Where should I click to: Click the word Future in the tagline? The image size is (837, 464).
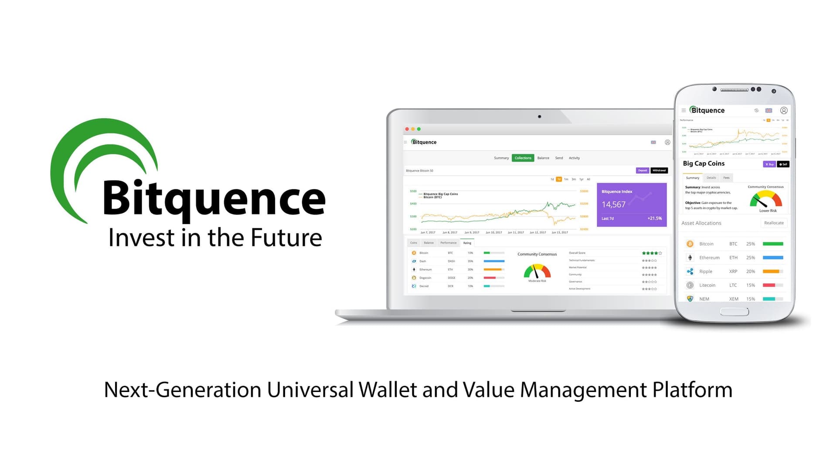pyautogui.click(x=286, y=238)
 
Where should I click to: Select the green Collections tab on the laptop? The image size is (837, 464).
pyautogui.click(x=523, y=158)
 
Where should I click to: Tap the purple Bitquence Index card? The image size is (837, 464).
pyautogui.click(x=631, y=205)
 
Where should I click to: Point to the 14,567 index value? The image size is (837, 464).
pyautogui.click(x=613, y=205)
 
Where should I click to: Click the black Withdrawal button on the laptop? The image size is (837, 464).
pyautogui.click(x=659, y=171)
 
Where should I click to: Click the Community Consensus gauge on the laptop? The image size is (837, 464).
pyautogui.click(x=537, y=271)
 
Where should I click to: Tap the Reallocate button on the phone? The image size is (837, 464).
pyautogui.click(x=774, y=223)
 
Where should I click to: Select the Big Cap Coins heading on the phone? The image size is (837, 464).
pyautogui.click(x=704, y=164)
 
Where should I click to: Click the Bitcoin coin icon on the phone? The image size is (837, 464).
pyautogui.click(x=690, y=244)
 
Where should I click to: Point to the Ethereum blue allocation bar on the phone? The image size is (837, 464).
pyautogui.click(x=772, y=258)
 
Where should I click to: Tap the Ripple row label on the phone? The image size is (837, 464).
pyautogui.click(x=706, y=271)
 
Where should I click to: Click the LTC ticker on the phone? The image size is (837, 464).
pyautogui.click(x=733, y=285)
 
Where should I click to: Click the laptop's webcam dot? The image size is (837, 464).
pyautogui.click(x=540, y=116)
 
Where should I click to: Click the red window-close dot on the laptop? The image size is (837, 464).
pyautogui.click(x=407, y=129)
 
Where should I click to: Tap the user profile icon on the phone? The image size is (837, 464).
pyautogui.click(x=784, y=110)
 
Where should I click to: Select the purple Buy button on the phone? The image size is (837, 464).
pyautogui.click(x=769, y=164)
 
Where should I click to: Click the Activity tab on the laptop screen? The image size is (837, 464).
pyautogui.click(x=574, y=158)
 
